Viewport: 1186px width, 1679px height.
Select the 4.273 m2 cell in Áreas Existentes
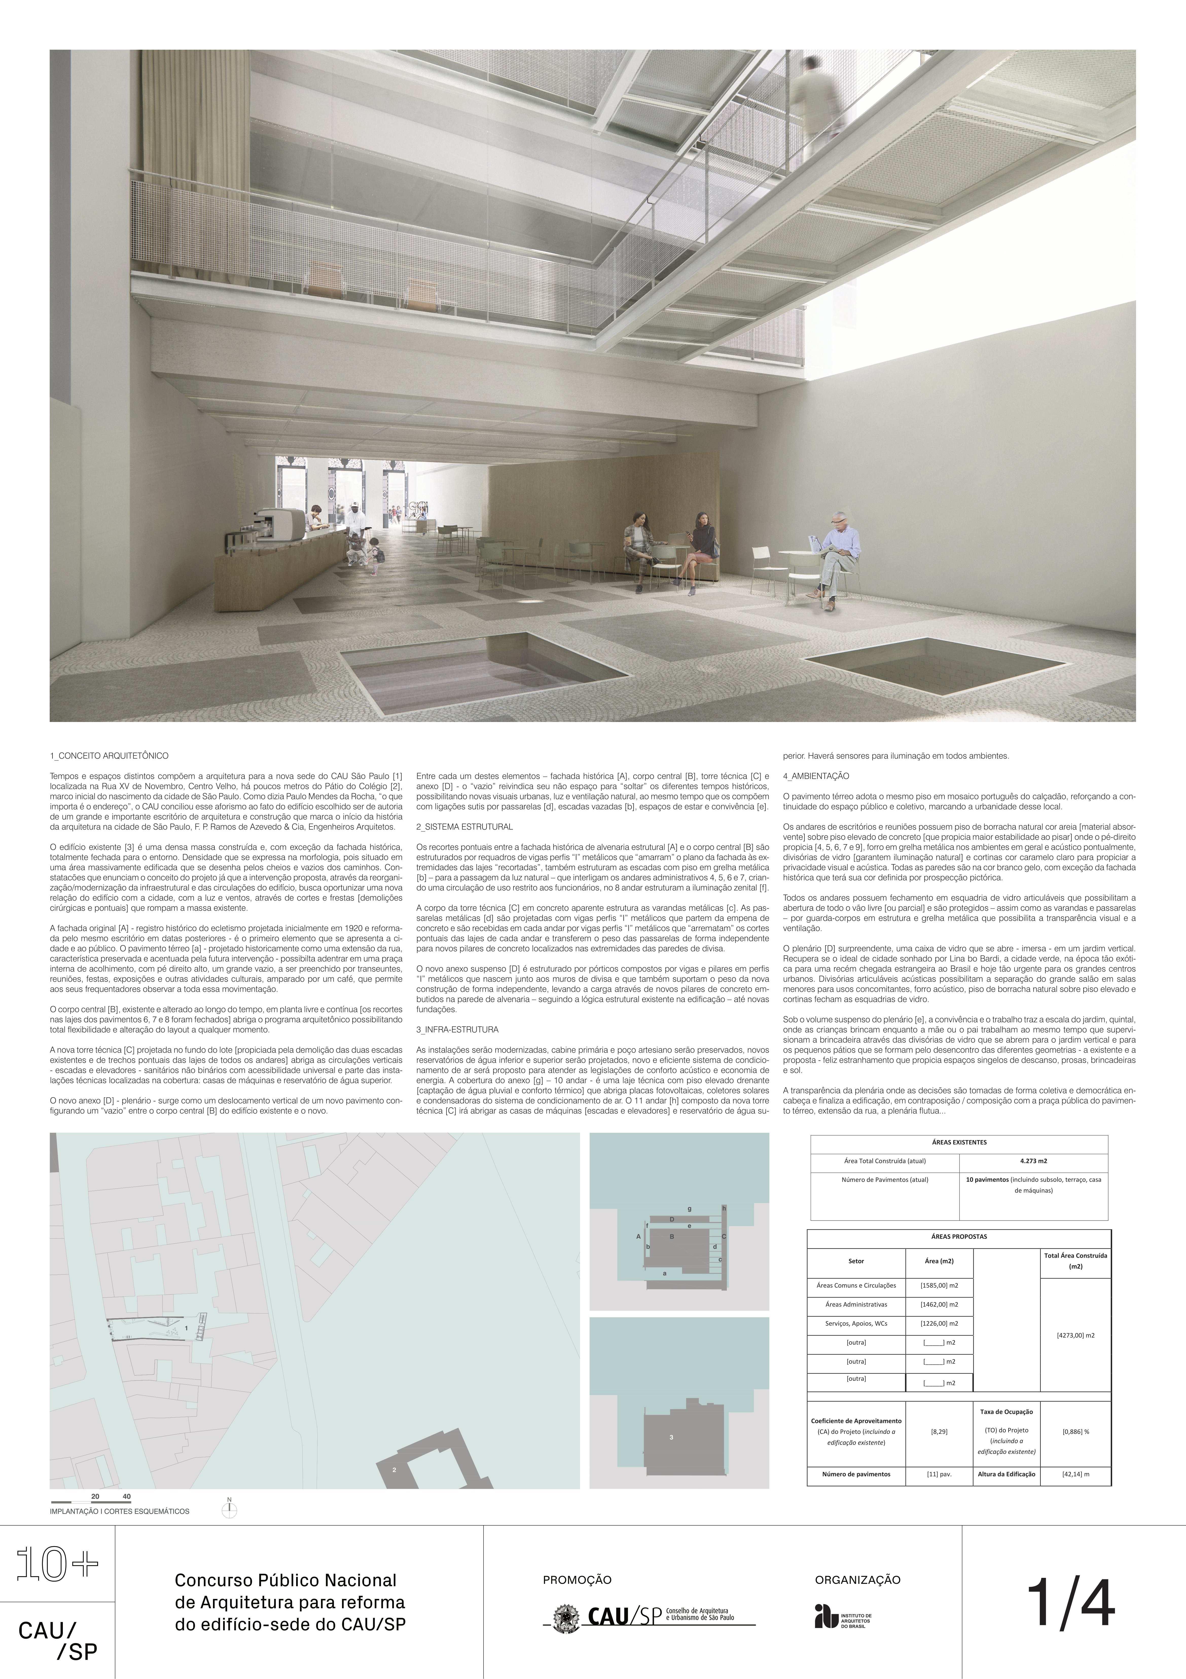coord(1033,1161)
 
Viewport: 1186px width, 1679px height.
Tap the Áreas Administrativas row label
coord(855,1304)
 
